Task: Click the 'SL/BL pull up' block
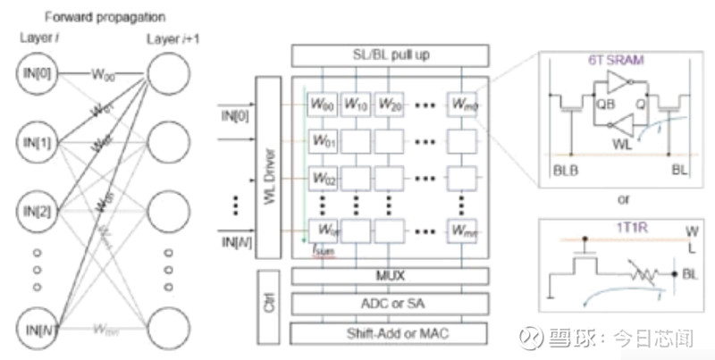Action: [x=390, y=55]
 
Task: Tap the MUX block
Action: [x=390, y=276]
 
